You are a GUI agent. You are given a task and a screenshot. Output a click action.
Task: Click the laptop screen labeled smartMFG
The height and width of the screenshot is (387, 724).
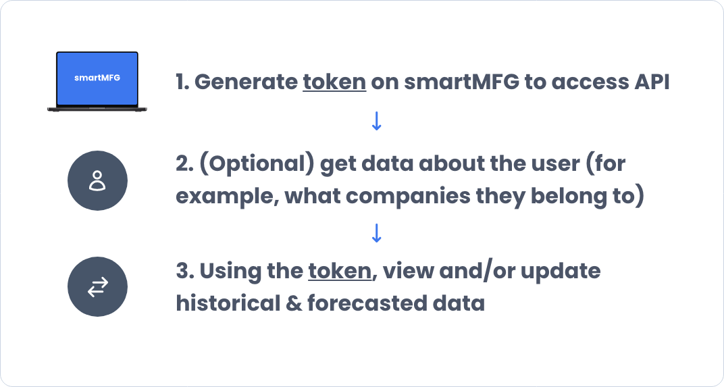click(x=97, y=78)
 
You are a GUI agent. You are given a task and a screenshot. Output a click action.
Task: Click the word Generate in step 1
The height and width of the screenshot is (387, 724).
click(x=244, y=82)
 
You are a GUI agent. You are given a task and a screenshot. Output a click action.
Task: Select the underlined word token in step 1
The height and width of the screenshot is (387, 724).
click(x=334, y=82)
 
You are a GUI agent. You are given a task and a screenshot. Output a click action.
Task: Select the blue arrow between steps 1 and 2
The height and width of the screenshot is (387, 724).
click(x=377, y=121)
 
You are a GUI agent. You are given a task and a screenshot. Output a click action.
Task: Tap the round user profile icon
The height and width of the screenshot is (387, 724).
click(x=97, y=180)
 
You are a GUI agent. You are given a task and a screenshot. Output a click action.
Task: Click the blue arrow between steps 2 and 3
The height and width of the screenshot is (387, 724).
click(x=377, y=233)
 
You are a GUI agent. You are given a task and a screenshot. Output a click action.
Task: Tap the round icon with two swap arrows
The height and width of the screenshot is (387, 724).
click(x=97, y=288)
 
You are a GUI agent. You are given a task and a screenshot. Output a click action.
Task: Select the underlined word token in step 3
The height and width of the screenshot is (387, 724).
click(x=340, y=272)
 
